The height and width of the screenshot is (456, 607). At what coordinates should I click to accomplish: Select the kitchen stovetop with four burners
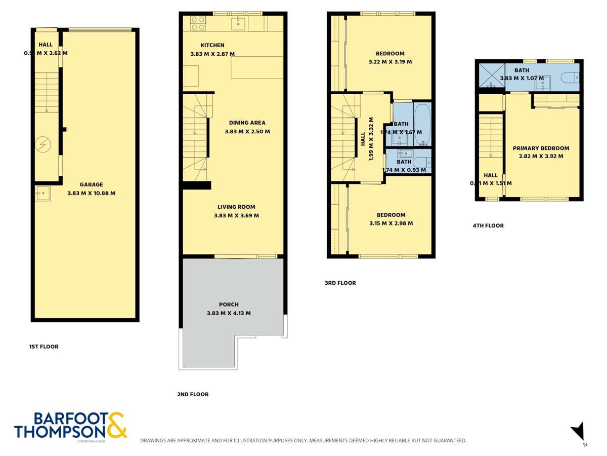pos(197,23)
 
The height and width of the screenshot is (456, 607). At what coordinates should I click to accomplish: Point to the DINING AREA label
pos(247,123)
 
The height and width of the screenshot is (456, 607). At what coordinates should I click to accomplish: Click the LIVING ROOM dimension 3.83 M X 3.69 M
pos(236,215)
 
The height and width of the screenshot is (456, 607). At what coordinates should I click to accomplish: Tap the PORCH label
pos(229,305)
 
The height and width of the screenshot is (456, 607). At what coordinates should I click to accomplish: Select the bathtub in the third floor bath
pos(422,124)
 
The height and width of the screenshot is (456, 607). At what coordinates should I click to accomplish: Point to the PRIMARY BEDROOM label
pos(541,148)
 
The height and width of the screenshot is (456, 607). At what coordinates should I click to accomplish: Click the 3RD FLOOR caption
pos(340,283)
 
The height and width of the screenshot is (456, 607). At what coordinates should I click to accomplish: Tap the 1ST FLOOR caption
pos(44,347)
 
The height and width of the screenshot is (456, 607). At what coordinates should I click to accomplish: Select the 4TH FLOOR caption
pos(488,226)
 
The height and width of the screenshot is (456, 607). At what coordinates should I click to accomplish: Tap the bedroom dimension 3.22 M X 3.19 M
pos(390,62)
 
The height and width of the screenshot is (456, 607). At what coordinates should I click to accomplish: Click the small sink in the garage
pos(42,193)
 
